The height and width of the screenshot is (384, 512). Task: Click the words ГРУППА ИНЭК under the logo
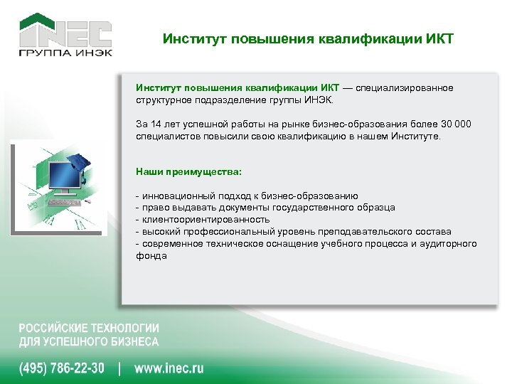pos(65,54)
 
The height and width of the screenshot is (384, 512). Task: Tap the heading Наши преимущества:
pos(188,171)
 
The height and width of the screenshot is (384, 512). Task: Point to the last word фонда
pos(151,256)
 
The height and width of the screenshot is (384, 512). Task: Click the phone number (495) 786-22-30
pos(61,368)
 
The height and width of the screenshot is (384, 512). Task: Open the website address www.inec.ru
pos(169,368)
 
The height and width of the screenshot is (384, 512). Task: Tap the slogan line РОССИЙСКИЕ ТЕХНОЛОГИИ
pos(89,329)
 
